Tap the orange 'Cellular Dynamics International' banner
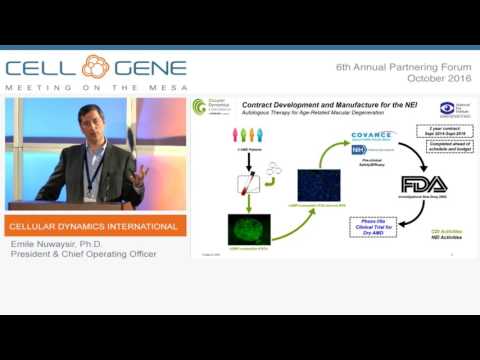[92, 226]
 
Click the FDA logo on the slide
[419, 184]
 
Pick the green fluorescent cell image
[250, 229]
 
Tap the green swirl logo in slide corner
[200, 105]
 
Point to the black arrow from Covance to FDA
[409, 154]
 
